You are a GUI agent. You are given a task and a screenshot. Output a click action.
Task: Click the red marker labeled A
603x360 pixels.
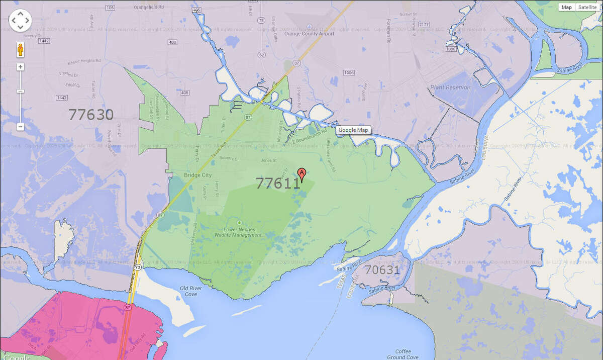[301, 173]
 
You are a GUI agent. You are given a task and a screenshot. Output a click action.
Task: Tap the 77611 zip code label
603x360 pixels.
[278, 183]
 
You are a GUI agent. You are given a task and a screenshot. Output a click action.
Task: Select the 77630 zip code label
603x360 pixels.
[91, 115]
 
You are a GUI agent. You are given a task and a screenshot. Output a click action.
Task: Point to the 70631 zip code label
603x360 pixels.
[382, 270]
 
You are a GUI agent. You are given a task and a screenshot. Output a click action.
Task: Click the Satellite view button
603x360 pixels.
[587, 7]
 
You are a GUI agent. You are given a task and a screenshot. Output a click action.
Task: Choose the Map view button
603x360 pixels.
[567, 7]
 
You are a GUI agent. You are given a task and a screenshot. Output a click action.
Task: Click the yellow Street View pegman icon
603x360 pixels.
[21, 50]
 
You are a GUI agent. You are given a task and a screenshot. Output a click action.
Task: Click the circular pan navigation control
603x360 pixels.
[20, 21]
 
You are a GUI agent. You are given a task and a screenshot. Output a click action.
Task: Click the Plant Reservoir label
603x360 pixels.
[450, 87]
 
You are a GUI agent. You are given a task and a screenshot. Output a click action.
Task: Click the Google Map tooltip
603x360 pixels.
[353, 130]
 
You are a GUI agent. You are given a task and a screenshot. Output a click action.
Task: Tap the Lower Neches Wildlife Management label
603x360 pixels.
[239, 232]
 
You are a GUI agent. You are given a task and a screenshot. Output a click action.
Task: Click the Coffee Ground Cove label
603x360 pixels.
[403, 354]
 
